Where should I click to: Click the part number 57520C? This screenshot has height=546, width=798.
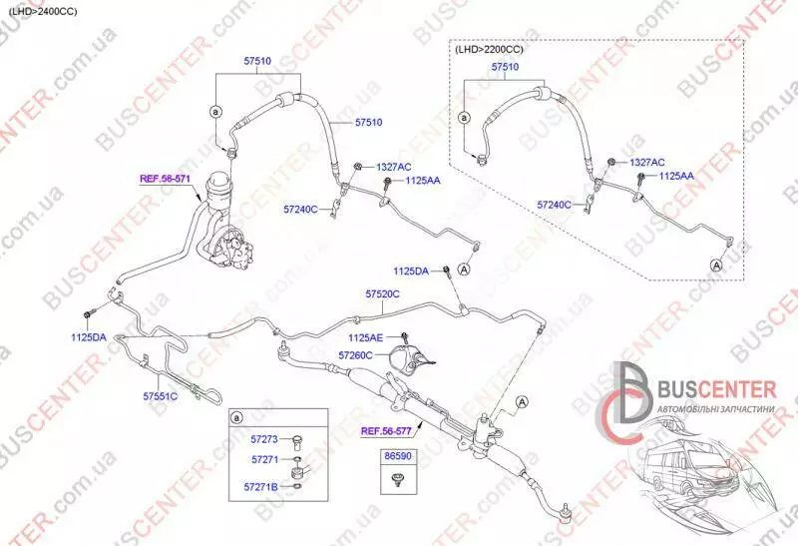[382, 293]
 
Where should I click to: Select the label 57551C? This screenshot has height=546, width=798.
[161, 395]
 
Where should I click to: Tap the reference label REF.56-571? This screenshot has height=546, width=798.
[165, 179]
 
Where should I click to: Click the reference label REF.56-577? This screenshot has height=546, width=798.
[386, 431]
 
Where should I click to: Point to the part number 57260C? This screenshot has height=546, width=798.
[355, 355]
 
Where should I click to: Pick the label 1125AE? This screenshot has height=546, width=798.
[365, 337]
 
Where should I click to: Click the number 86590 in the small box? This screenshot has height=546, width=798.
[397, 456]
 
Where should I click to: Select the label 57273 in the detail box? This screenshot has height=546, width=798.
[264, 439]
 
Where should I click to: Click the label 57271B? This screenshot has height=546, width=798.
[261, 487]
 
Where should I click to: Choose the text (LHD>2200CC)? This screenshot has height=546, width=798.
[489, 49]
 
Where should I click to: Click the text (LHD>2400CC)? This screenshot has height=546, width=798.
[43, 11]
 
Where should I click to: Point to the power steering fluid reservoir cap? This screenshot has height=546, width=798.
[218, 180]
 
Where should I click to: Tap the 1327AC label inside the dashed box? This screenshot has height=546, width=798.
[647, 163]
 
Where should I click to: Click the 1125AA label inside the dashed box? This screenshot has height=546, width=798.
[676, 176]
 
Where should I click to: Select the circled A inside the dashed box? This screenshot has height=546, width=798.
[716, 265]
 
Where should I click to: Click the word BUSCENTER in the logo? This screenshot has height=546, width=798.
[717, 389]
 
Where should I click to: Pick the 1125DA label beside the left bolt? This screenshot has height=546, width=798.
[89, 337]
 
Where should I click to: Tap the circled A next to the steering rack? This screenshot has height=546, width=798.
[522, 402]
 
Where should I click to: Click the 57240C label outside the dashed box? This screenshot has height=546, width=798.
[300, 209]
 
